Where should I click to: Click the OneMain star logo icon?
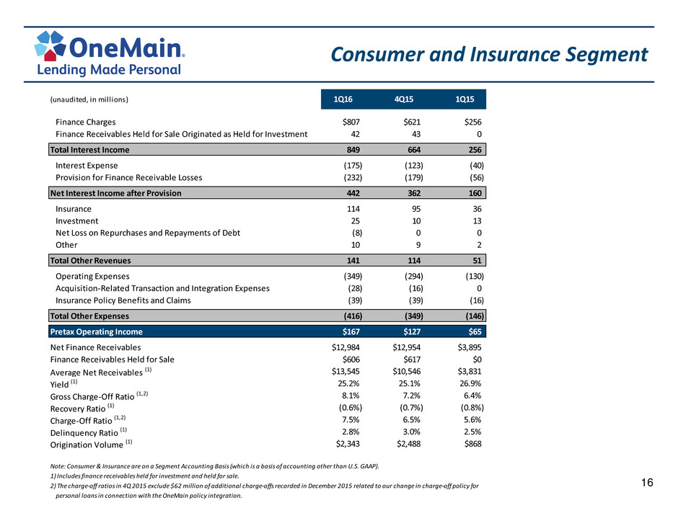point(50,45)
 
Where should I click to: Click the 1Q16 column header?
point(343,99)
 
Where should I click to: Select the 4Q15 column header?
point(404,99)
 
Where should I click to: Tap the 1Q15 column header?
point(465,99)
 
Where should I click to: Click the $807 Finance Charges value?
point(351,122)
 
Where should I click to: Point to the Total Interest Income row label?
point(90,150)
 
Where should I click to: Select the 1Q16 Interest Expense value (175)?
point(353,166)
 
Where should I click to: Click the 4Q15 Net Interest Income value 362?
point(414,193)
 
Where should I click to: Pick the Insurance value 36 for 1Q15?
point(477,209)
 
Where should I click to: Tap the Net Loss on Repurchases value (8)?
point(357,233)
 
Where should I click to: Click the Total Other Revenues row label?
point(90,260)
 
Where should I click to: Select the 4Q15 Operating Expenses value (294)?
point(414,277)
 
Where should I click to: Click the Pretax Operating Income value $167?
point(351,331)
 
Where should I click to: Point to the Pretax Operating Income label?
point(97,331)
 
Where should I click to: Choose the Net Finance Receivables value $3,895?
point(470,347)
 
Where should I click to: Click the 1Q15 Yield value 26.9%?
point(470,383)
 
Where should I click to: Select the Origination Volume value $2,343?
point(348,444)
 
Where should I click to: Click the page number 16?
point(647,483)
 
